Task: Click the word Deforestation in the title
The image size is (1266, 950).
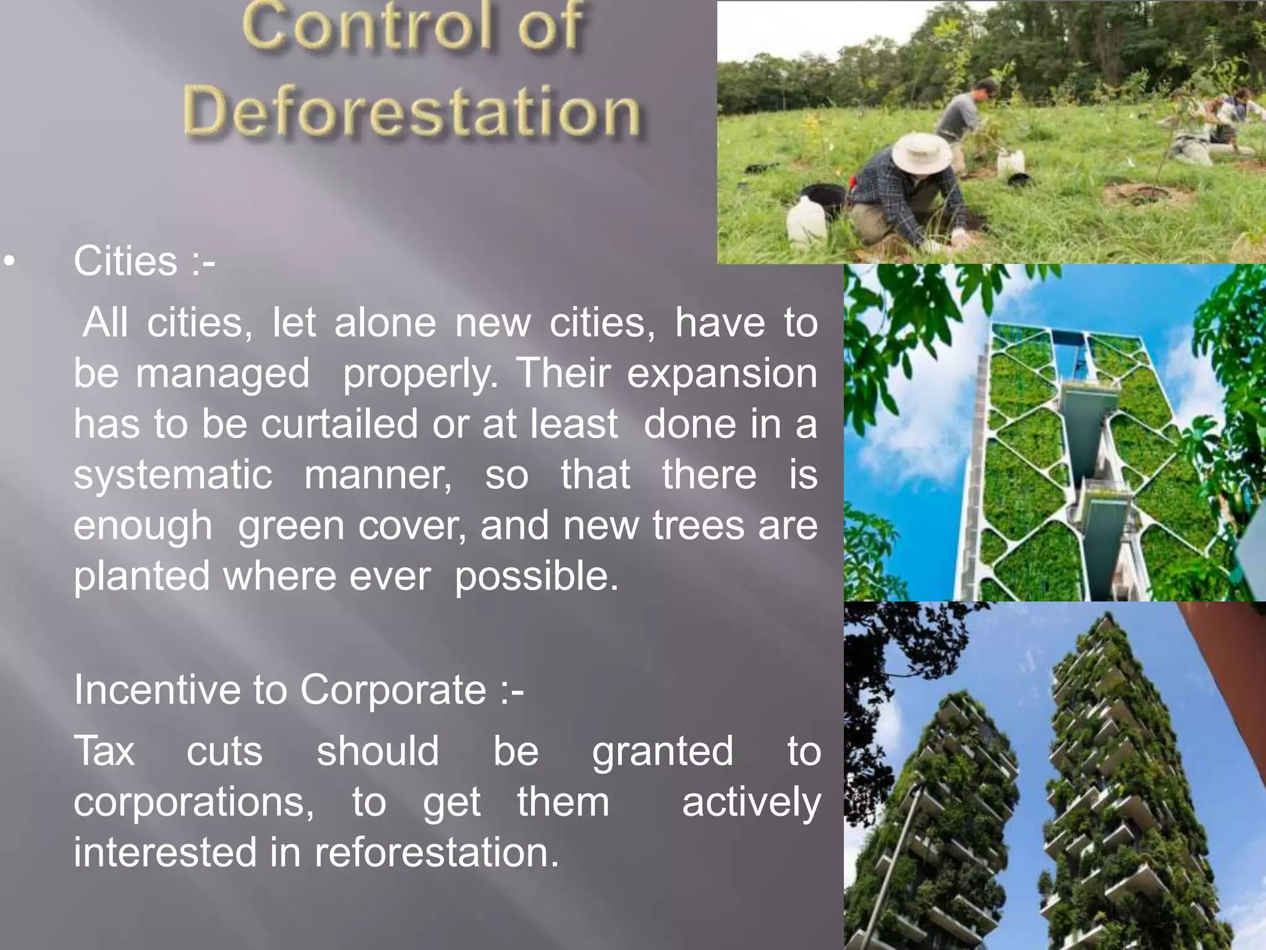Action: pos(412,111)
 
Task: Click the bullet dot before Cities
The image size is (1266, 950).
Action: pos(9,262)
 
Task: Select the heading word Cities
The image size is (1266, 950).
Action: pos(125,261)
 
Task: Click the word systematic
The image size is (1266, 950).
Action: pos(173,475)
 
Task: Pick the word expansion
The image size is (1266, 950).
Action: pos(722,374)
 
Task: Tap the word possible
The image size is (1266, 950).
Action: pos(536,576)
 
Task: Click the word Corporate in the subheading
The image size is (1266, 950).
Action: pos(394,689)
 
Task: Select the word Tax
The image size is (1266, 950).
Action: pos(104,751)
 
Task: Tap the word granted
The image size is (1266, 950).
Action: pos(663,751)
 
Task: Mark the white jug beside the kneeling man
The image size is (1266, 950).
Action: pos(806,220)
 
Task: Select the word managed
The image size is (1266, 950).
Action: pos(223,374)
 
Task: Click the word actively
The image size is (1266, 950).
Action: pos(751,802)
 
